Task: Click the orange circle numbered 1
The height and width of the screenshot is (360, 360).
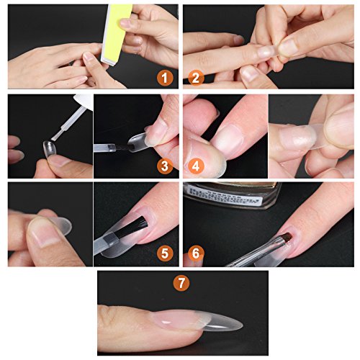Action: [166, 77]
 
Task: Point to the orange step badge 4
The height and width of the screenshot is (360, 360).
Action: [195, 166]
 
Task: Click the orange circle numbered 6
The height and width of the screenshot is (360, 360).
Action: [195, 253]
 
